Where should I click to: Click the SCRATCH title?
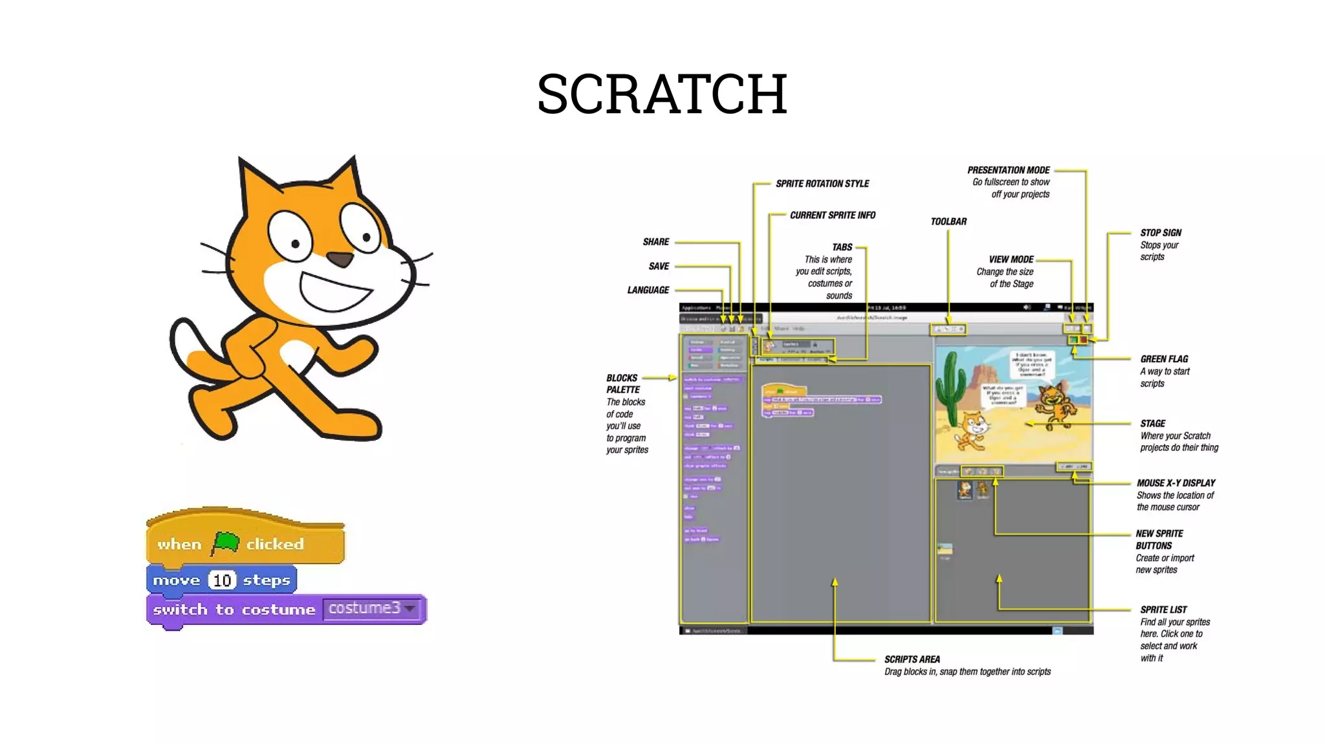(x=662, y=94)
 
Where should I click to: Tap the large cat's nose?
(x=340, y=259)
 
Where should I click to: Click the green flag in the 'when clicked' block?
(x=224, y=543)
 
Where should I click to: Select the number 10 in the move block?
(x=222, y=580)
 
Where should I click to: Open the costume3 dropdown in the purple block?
(x=409, y=608)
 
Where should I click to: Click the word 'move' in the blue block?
(x=176, y=580)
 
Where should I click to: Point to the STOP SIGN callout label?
(x=1161, y=233)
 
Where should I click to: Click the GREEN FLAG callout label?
(x=1164, y=359)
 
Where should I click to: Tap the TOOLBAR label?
(x=948, y=221)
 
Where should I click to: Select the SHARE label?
(x=655, y=242)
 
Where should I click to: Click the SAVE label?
(x=659, y=266)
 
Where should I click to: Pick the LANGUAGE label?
(x=648, y=290)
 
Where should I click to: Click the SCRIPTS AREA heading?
(x=912, y=659)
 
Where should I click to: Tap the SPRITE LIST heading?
(x=1163, y=609)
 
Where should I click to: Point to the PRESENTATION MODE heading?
(x=1008, y=170)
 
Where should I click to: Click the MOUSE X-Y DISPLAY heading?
(x=1176, y=483)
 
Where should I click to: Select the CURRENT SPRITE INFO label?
(x=832, y=215)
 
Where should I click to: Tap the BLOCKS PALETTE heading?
(x=622, y=384)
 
